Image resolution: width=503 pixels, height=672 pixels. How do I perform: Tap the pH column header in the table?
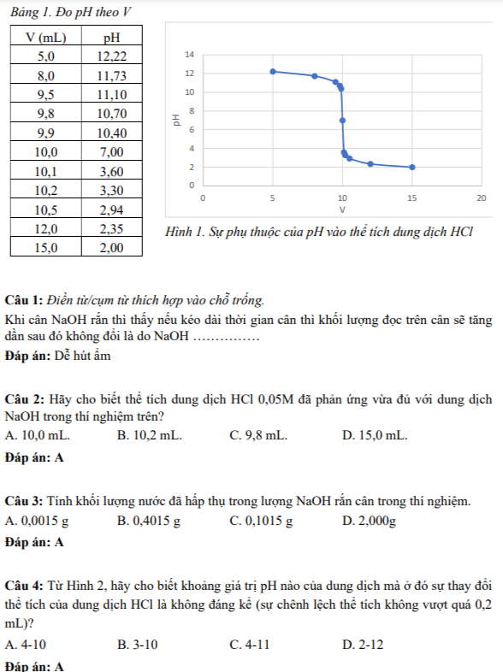pyautogui.click(x=111, y=37)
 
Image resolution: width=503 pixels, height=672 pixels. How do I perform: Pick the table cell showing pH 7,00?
pyautogui.click(x=111, y=152)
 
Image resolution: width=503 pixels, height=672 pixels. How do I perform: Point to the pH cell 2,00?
pyautogui.click(x=111, y=248)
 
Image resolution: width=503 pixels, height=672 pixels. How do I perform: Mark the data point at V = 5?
pyautogui.click(x=273, y=71)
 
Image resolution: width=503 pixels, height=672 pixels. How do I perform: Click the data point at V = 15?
pyautogui.click(x=412, y=167)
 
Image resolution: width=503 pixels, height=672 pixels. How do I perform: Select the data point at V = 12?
pyautogui.click(x=370, y=163)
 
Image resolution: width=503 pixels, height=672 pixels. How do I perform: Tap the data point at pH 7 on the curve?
pyautogui.click(x=342, y=121)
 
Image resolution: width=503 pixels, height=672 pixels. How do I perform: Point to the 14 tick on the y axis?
pyautogui.click(x=190, y=55)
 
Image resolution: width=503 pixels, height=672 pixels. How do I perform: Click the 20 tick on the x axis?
pyautogui.click(x=482, y=197)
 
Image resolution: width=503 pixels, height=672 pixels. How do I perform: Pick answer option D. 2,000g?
pyautogui.click(x=369, y=520)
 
